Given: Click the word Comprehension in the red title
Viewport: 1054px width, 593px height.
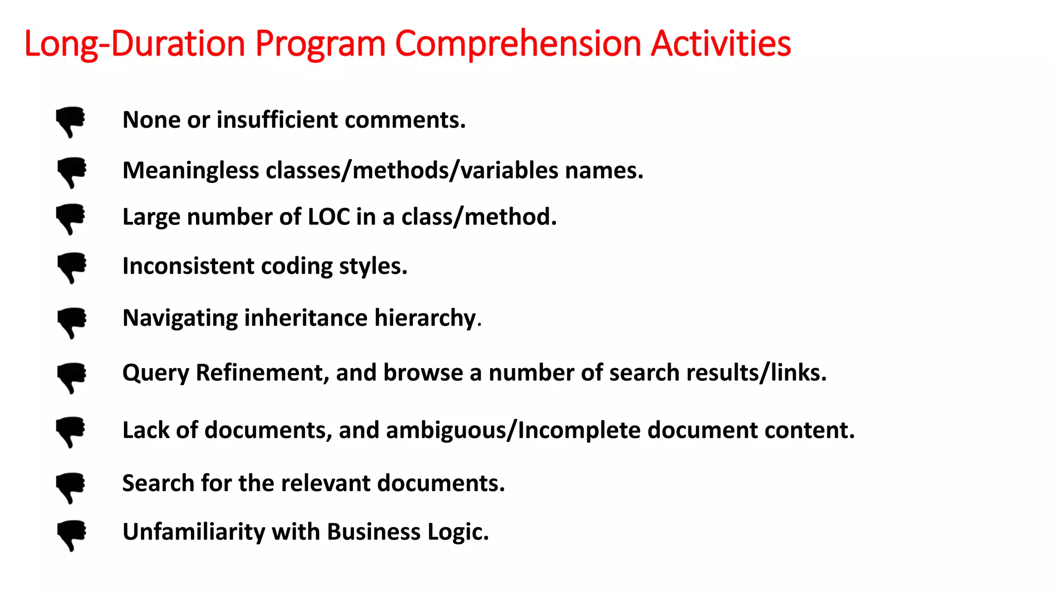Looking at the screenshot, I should coord(518,44).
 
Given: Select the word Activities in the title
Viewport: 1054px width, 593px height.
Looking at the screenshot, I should coord(721,44).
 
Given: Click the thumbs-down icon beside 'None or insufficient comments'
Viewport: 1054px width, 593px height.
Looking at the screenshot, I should coord(71,121).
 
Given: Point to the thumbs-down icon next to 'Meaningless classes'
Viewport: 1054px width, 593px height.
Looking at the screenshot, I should coord(72,172).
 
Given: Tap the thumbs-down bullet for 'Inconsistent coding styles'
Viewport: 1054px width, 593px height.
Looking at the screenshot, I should coord(72,267).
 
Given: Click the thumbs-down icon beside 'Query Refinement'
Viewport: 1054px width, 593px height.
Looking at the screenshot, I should coord(72,378).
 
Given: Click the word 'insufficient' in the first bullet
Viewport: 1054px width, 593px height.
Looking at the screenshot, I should coord(277,120).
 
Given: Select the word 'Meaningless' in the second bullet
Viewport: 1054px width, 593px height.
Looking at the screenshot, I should coord(190,170).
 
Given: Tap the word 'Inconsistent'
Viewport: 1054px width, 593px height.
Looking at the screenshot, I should coord(188,266).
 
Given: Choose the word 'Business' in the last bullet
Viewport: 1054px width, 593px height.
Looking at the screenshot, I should coord(374,532).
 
